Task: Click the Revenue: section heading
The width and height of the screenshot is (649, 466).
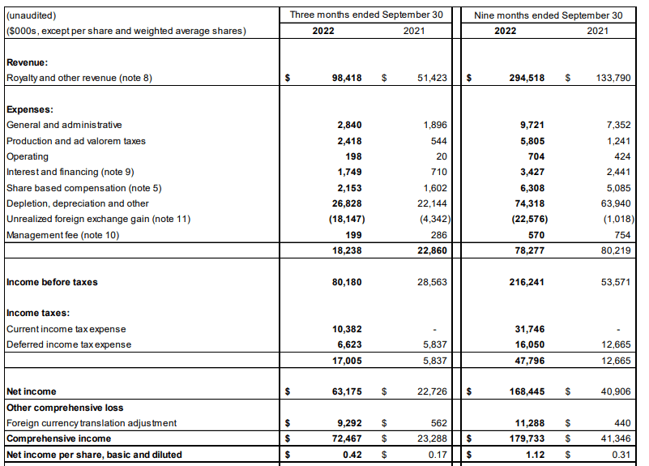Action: [27, 62]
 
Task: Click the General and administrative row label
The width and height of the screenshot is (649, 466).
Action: [64, 125]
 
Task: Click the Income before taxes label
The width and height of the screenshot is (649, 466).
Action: [52, 282]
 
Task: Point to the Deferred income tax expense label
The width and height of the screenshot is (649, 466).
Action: [68, 344]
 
